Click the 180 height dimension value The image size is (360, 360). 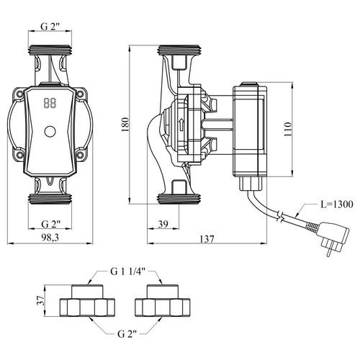tap(125, 125)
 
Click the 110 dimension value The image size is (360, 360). tap(287, 129)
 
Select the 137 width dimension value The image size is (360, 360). tap(207, 239)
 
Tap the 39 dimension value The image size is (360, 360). tap(163, 224)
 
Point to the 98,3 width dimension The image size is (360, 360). tap(50, 238)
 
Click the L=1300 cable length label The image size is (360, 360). tap(337, 204)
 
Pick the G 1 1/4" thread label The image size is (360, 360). tap(128, 271)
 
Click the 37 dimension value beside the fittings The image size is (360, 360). tap(41, 300)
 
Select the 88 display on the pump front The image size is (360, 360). tap(50, 104)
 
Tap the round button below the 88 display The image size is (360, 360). tap(50, 132)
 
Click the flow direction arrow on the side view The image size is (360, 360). tap(181, 125)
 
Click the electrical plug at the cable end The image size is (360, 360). tap(333, 239)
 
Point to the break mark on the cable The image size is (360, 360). tap(280, 216)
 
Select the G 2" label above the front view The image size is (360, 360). tap(50, 27)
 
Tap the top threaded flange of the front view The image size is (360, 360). tap(50, 50)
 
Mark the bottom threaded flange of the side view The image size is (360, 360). tap(179, 199)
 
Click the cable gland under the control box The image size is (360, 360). tap(252, 184)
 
